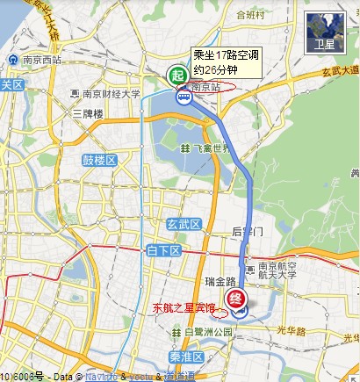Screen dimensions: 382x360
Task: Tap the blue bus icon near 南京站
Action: (184, 98)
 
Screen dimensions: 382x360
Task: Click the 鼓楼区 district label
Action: (99, 161)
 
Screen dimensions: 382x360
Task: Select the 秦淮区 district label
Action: (185, 357)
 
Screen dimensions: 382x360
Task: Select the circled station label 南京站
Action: (207, 88)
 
